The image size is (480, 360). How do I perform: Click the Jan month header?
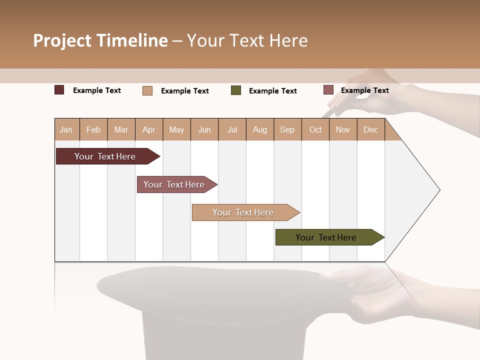[66, 129]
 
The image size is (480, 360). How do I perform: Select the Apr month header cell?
[149, 129]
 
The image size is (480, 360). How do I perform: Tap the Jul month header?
[232, 129]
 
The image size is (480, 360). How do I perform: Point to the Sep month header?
[287, 129]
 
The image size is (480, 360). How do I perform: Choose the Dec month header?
[370, 129]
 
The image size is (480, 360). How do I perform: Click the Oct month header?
[315, 129]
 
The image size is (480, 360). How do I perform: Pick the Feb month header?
[93, 129]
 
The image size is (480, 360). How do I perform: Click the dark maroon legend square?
[59, 90]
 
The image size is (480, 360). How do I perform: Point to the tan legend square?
[147, 90]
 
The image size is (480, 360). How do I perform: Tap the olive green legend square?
[236, 90]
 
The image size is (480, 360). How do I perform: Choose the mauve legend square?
[328, 90]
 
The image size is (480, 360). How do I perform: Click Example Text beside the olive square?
[272, 91]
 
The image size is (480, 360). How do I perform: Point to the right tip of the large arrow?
[439, 190]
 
